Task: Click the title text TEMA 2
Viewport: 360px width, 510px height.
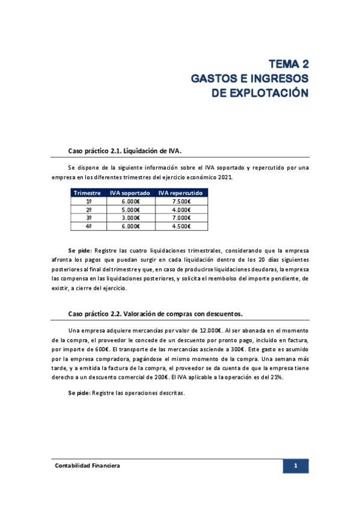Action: click(x=288, y=64)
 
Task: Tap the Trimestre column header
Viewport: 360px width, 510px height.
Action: click(x=87, y=193)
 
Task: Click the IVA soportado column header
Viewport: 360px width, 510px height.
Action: click(x=130, y=193)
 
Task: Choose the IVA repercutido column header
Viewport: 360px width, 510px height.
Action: click(x=181, y=193)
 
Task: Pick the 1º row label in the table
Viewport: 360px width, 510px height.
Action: click(x=88, y=201)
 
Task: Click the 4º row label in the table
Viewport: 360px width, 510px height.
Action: click(x=88, y=226)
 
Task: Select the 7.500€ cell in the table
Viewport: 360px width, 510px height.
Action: click(x=181, y=201)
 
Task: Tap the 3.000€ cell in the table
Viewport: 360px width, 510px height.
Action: click(x=130, y=218)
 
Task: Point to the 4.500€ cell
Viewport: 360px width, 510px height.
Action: click(x=181, y=226)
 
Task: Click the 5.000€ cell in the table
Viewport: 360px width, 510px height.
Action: click(x=130, y=209)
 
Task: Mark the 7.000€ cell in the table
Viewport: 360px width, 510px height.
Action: click(x=181, y=218)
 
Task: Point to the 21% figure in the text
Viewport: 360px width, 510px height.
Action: click(x=276, y=377)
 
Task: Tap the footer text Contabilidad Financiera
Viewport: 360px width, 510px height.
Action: click(x=88, y=466)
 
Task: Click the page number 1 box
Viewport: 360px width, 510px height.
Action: click(x=296, y=466)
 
